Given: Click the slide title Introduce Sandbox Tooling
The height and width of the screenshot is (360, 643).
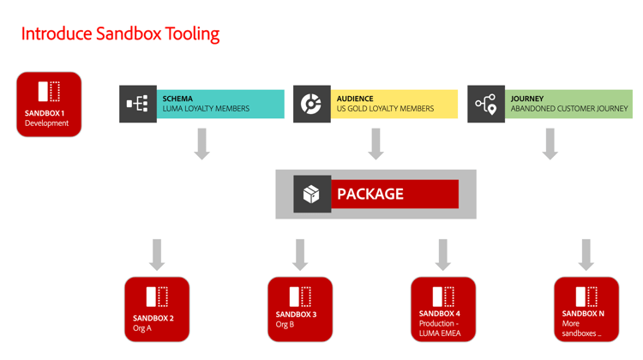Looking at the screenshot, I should (120, 33).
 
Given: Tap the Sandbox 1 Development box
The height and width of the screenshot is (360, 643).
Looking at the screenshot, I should (49, 104).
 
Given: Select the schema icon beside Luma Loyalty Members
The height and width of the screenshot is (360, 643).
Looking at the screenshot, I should (137, 104).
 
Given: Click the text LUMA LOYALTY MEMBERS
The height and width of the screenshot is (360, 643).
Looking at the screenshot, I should (206, 109).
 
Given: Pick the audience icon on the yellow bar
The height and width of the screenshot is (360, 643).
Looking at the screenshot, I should (311, 104).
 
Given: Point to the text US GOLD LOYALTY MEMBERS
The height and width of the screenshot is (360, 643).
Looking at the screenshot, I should (385, 109).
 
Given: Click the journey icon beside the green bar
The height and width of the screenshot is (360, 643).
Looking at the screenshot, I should (485, 104).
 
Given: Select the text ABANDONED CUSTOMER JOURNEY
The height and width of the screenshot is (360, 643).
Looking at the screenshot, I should (569, 109).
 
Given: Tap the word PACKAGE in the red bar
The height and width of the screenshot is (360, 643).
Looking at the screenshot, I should (370, 194).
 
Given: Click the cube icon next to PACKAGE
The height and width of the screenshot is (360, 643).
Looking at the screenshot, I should (311, 194).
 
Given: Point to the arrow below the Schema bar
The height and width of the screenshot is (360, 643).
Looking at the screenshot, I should (201, 143).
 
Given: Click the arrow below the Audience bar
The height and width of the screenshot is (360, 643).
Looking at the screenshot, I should (376, 143).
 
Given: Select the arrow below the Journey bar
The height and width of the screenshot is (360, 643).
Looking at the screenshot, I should (550, 143).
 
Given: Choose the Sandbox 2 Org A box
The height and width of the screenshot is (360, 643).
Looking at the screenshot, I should (157, 309).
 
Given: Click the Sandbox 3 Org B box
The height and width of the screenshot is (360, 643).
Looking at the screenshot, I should (300, 309).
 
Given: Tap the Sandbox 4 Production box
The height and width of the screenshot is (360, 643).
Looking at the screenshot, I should (442, 309).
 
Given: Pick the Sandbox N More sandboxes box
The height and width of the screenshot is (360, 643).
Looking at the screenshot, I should (586, 309).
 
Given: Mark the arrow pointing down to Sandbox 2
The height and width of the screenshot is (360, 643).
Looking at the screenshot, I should (157, 255).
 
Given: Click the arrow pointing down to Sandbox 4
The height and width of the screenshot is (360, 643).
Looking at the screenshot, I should (442, 255).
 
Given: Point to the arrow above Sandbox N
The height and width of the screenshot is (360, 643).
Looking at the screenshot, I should (586, 255).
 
